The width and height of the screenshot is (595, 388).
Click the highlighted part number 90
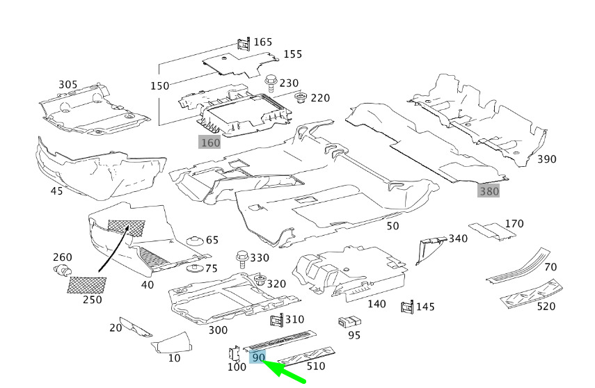click(x=259, y=357)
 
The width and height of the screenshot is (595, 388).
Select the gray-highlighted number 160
click(x=209, y=143)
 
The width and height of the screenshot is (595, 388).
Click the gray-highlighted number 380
click(x=489, y=191)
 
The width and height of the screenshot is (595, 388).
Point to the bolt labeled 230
click(x=271, y=83)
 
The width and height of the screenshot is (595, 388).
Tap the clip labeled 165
click(x=244, y=44)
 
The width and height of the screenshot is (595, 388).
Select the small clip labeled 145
click(x=407, y=307)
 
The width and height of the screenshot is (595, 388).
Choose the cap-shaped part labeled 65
click(x=196, y=241)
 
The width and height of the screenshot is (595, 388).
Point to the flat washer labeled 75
click(x=196, y=268)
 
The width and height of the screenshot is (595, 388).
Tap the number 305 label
click(x=68, y=85)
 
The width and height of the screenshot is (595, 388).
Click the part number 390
click(x=547, y=159)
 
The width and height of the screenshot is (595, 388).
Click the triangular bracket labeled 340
click(x=429, y=249)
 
